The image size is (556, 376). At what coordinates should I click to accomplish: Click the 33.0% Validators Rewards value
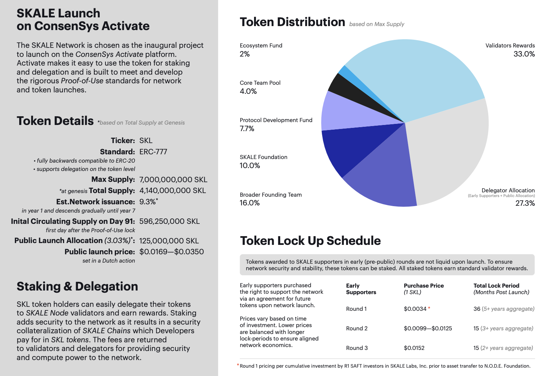coord(524,54)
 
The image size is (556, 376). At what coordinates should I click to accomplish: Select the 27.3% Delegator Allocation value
coord(525,203)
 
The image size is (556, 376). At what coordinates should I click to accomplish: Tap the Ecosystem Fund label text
coord(261,46)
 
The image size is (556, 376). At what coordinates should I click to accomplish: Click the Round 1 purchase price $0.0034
coord(415,309)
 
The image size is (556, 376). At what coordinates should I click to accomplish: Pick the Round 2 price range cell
coord(428,329)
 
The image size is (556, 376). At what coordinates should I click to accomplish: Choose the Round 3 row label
coord(357,348)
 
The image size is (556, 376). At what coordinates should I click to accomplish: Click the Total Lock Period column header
coord(496,286)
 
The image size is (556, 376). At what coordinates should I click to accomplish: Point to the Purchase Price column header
coord(424,286)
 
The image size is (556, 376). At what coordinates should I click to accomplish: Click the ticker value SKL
coord(146,141)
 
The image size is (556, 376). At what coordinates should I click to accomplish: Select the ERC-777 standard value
coord(153,152)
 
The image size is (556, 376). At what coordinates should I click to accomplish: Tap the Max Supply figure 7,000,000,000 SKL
coord(173,180)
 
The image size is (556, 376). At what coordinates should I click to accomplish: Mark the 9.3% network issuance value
coord(148,202)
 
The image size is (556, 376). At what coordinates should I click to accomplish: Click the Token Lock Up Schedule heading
coord(310,241)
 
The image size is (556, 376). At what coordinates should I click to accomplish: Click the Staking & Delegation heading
coord(77,287)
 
